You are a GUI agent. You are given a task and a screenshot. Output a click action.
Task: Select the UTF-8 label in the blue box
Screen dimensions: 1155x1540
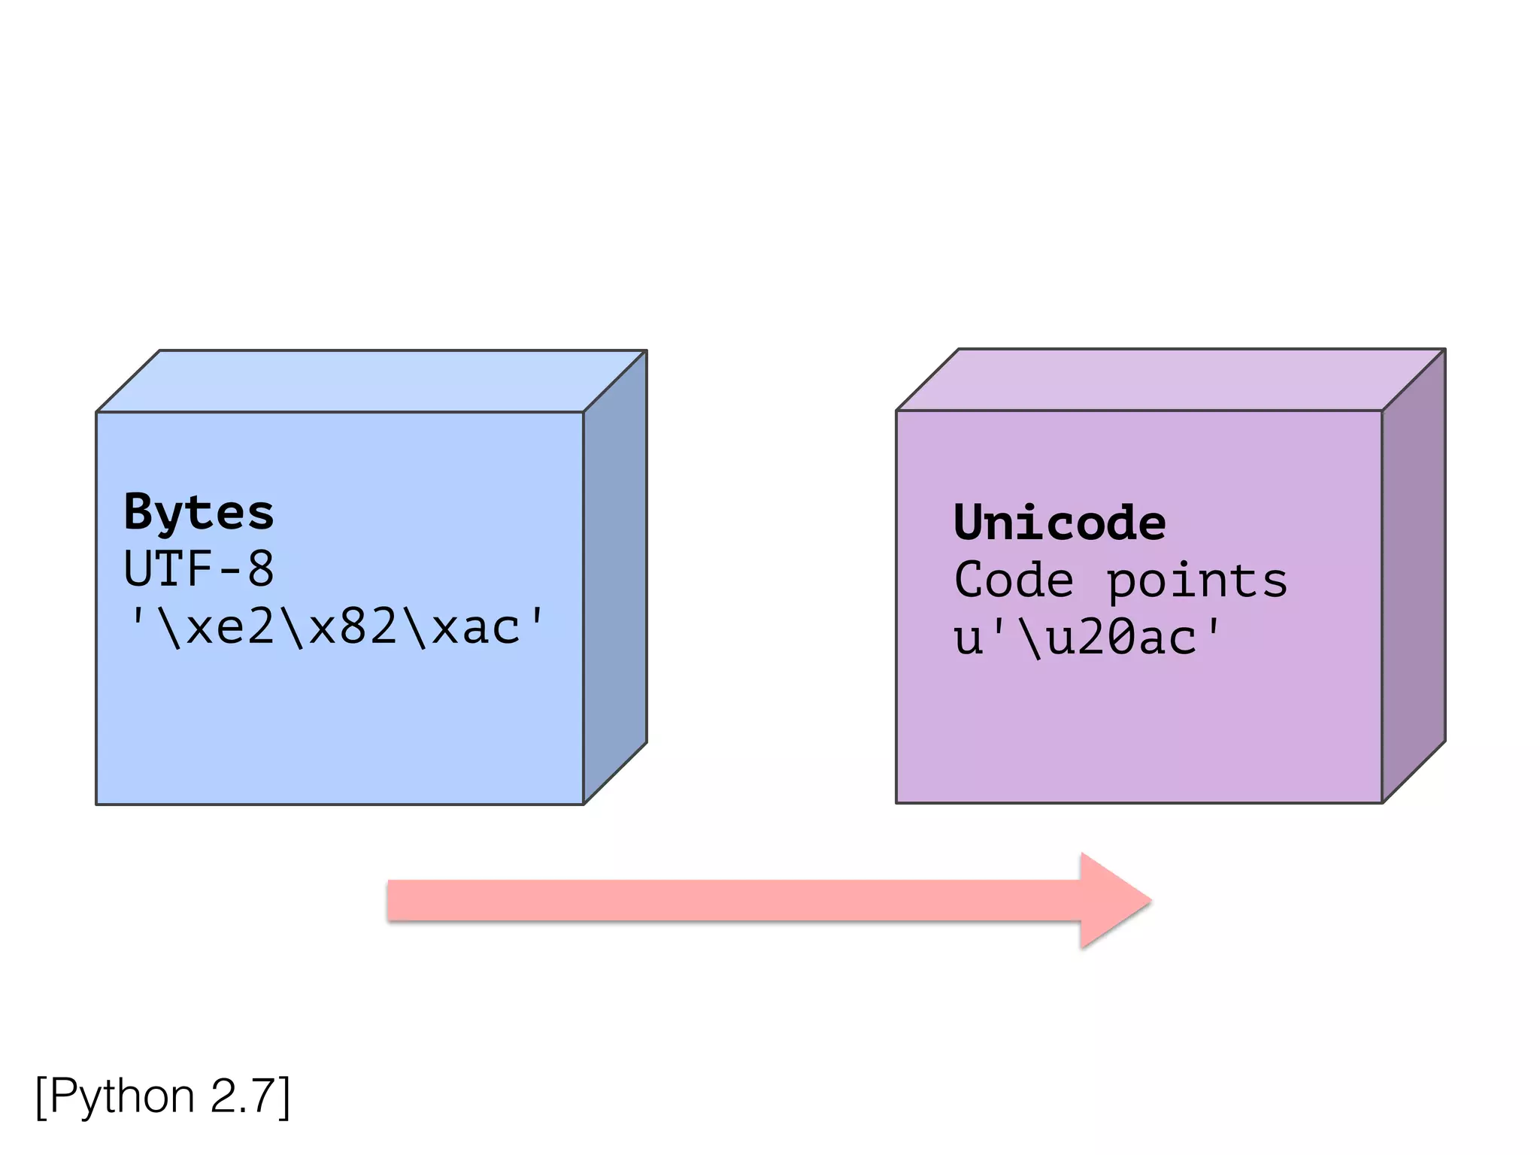coord(199,569)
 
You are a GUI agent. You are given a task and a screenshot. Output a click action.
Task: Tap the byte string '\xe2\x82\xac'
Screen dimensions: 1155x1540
coord(335,627)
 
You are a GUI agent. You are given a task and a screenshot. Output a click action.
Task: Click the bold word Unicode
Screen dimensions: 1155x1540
coord(1059,523)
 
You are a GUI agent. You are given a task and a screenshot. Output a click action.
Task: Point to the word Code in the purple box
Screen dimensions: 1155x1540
coord(1013,581)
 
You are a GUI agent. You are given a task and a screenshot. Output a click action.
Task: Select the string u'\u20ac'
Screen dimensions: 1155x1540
coord(1087,638)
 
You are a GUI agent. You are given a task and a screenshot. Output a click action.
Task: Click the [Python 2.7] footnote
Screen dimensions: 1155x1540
coord(162,1097)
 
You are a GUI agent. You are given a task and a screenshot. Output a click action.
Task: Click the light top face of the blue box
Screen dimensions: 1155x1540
coord(372,381)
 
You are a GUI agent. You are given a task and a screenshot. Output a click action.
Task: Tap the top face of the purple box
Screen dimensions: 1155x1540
coord(1171,380)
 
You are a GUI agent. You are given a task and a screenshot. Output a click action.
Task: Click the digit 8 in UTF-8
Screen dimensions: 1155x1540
coord(261,569)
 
